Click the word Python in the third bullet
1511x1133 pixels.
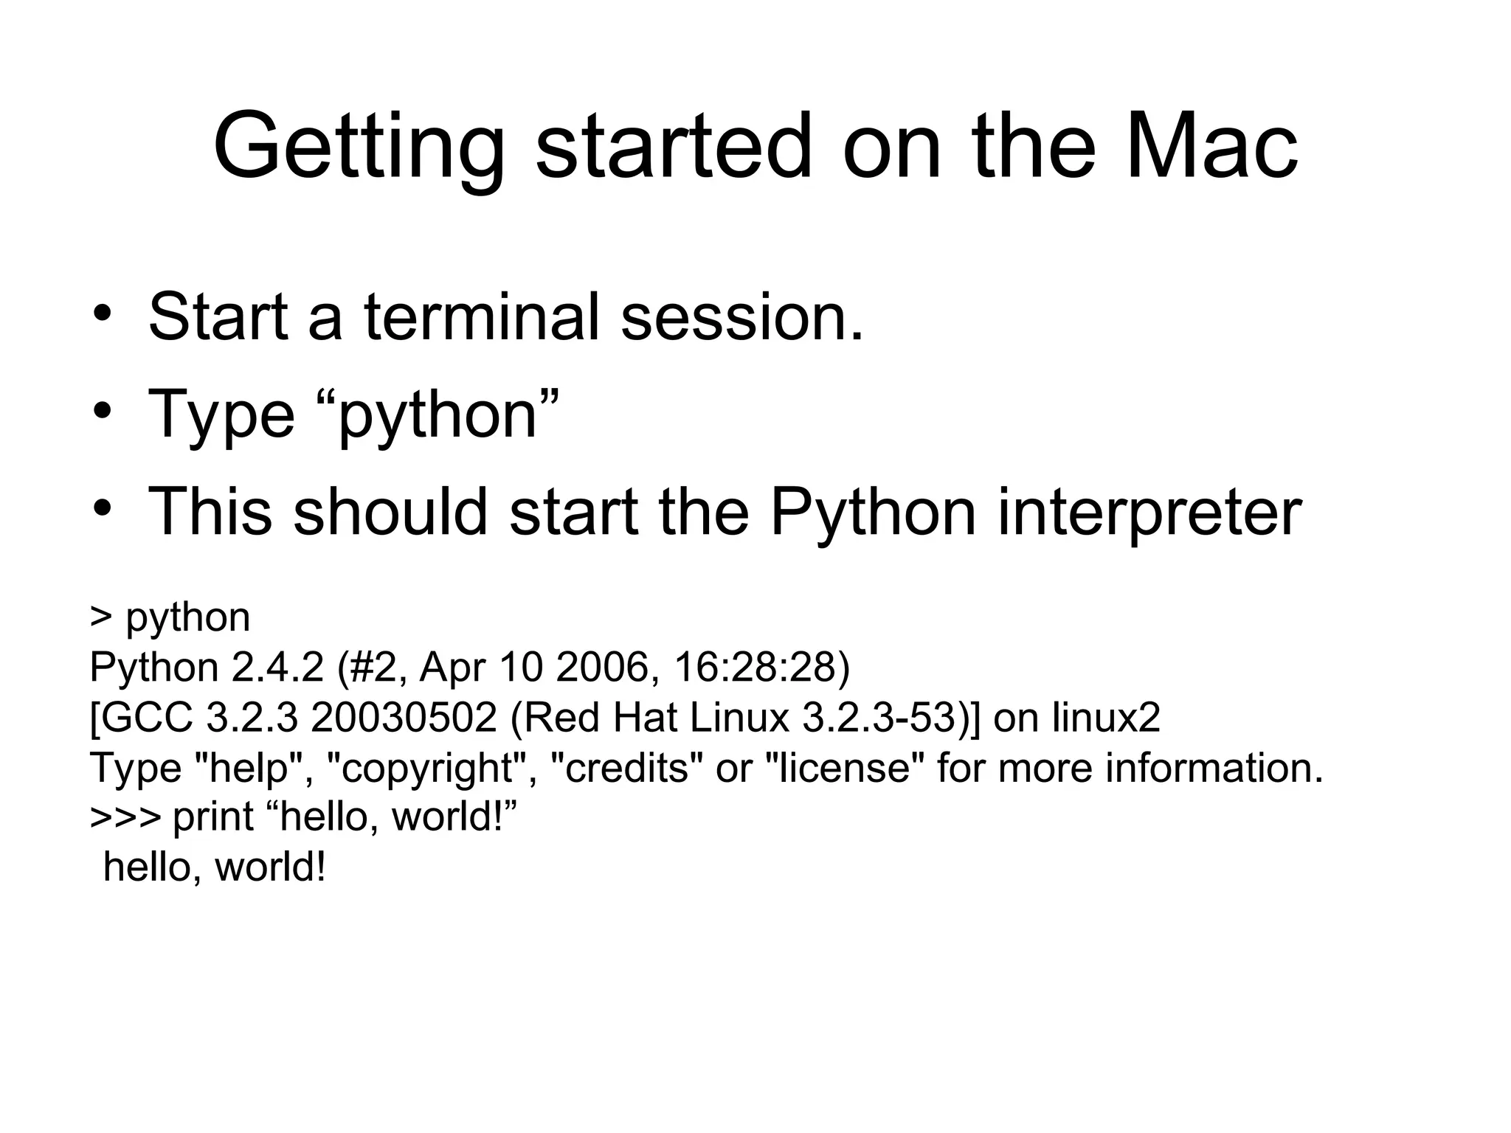[x=873, y=513]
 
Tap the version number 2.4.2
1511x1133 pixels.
[x=277, y=667]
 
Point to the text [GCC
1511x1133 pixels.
[x=141, y=717]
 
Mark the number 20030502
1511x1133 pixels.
[x=404, y=717]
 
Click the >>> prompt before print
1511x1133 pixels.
[x=125, y=817]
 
